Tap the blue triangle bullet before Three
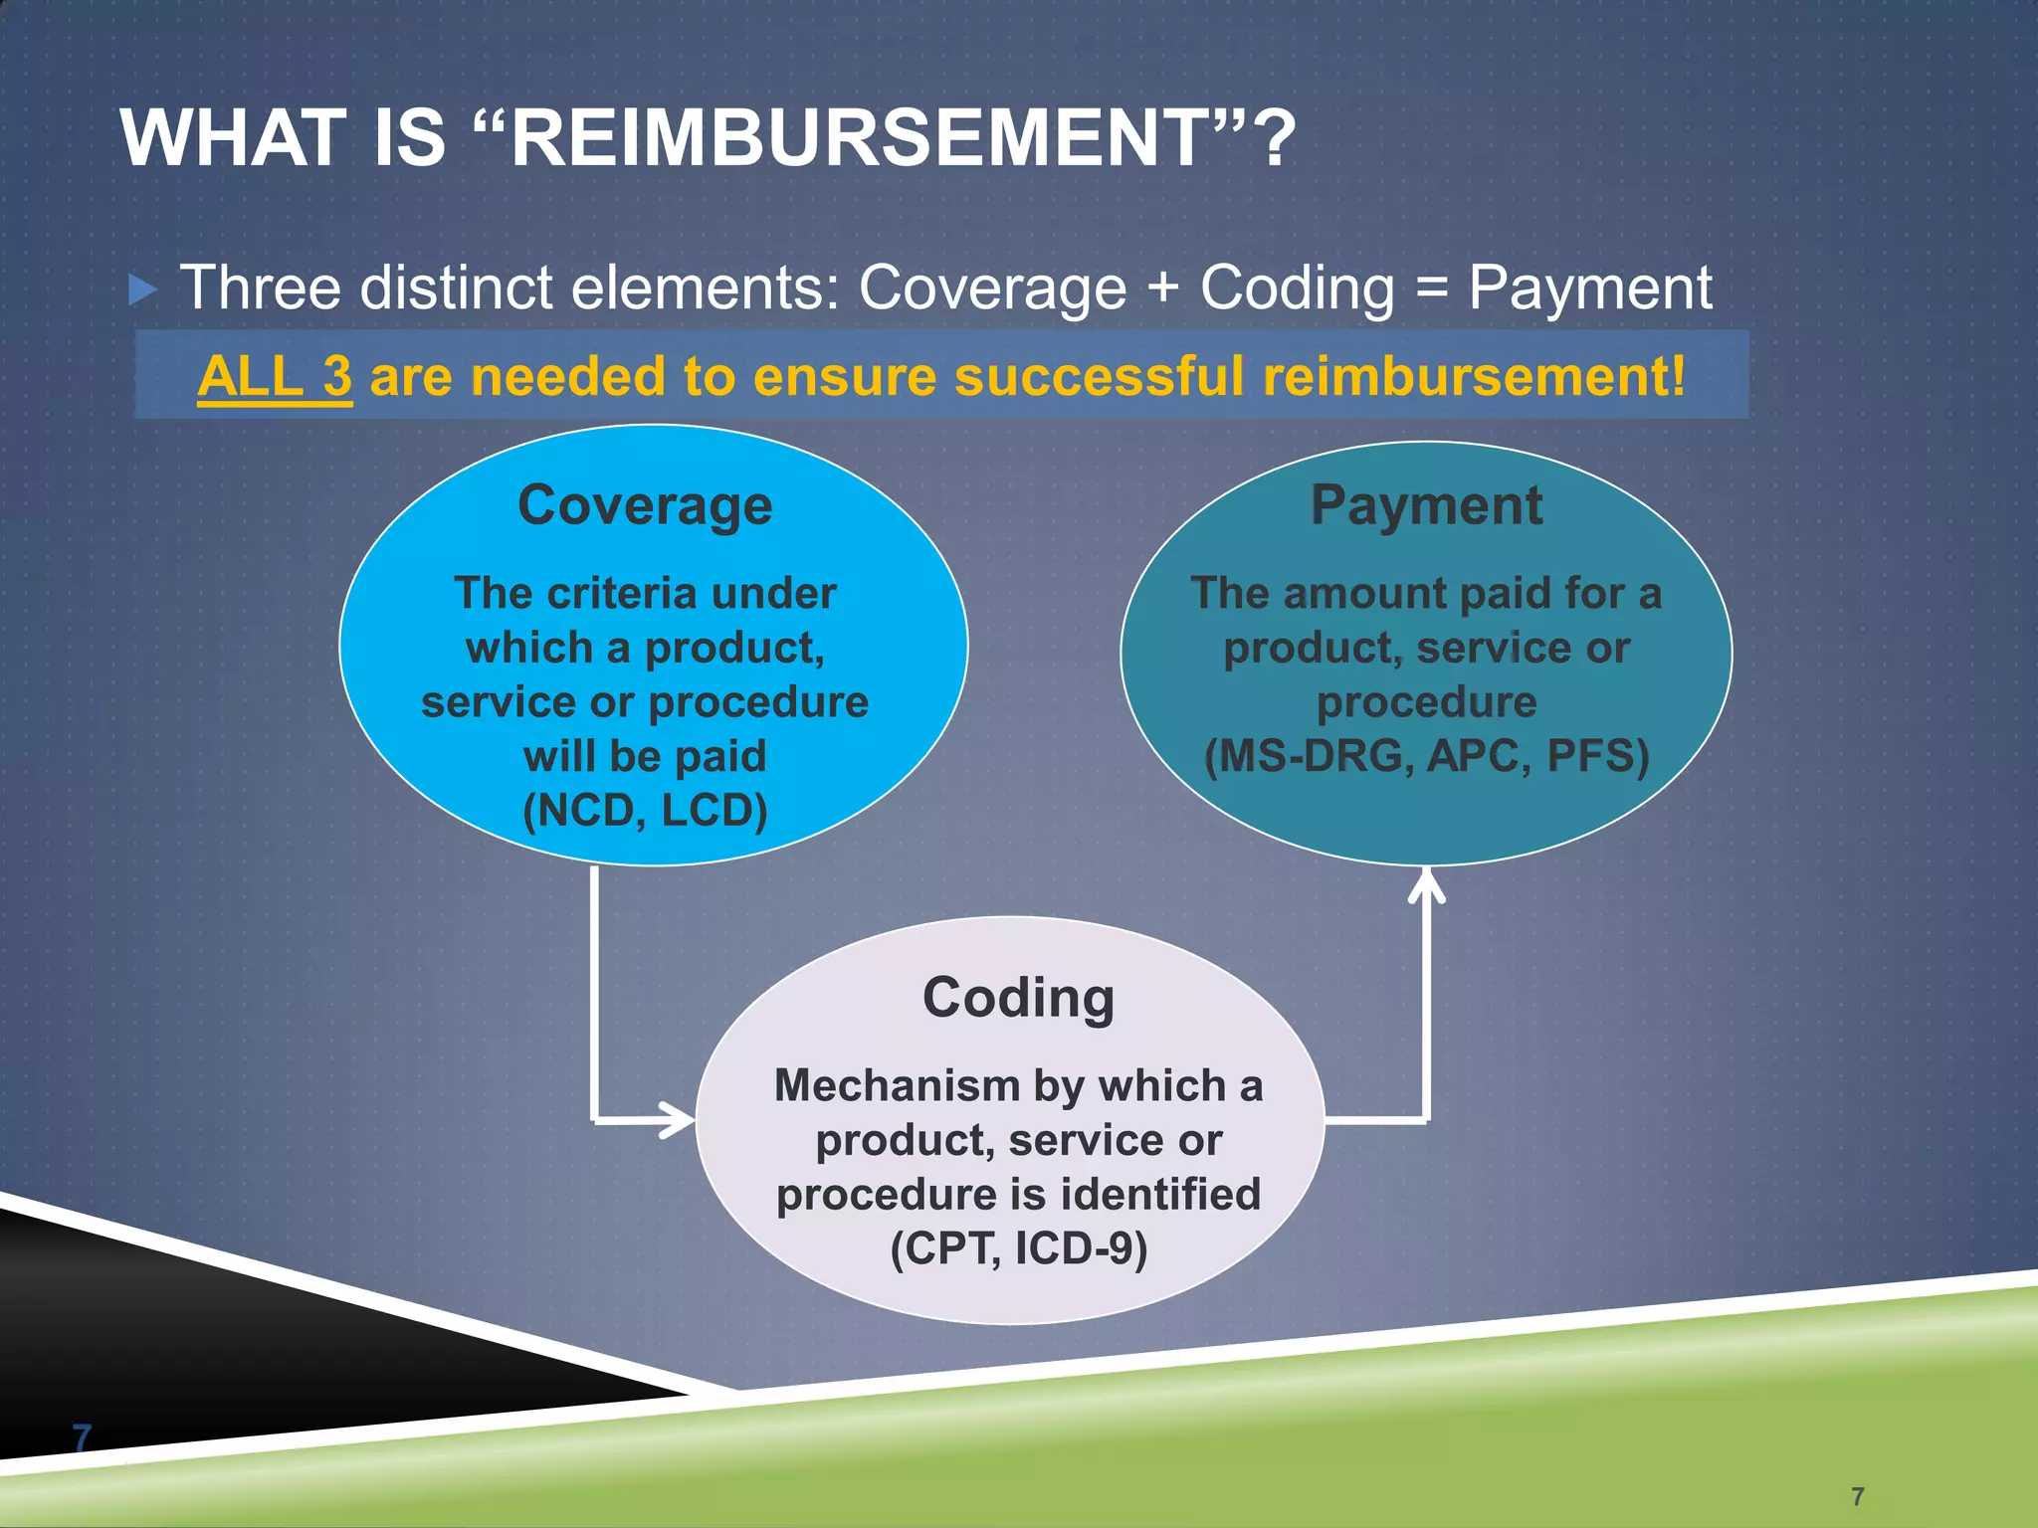tap(143, 290)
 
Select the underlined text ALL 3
tap(275, 377)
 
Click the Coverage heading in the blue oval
tap(645, 505)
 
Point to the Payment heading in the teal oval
tap(1426, 505)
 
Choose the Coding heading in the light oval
tap(1018, 998)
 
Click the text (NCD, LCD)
tap(645, 811)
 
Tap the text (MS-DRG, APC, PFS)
tap(1426, 756)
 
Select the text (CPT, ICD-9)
tap(1018, 1248)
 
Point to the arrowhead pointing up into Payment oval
tap(1426, 884)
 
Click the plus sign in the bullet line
tap(1162, 289)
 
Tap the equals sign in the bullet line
tap(1431, 289)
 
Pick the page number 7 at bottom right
tap(1857, 1496)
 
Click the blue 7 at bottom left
tap(82, 1437)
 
